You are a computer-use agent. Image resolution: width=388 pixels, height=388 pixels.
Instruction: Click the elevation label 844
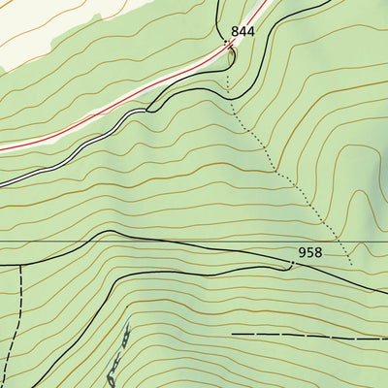242,32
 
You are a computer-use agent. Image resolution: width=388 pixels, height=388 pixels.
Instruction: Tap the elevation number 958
309,252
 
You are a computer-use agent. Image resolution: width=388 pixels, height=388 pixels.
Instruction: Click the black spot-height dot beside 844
226,43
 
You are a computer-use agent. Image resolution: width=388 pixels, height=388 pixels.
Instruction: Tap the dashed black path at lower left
14,330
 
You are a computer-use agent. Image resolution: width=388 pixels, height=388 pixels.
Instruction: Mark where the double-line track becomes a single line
147,111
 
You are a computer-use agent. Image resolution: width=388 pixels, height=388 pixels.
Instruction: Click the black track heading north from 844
214,15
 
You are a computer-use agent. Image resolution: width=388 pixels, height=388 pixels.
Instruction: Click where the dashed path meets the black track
19,264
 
